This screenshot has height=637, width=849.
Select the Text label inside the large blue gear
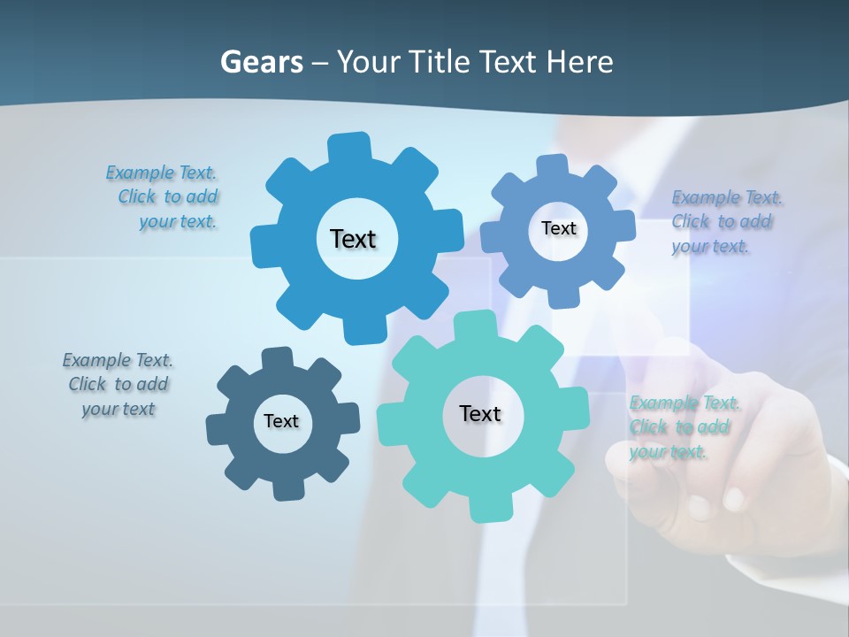coord(353,239)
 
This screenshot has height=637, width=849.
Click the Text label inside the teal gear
coord(480,413)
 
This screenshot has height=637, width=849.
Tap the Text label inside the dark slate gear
coord(281,421)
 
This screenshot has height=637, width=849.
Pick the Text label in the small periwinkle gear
coord(558,228)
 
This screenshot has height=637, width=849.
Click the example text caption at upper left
coord(164,197)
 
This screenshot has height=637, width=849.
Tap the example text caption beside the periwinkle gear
coord(725,221)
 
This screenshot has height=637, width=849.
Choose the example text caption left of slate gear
coord(119,384)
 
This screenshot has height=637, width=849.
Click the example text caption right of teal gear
coord(683,427)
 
